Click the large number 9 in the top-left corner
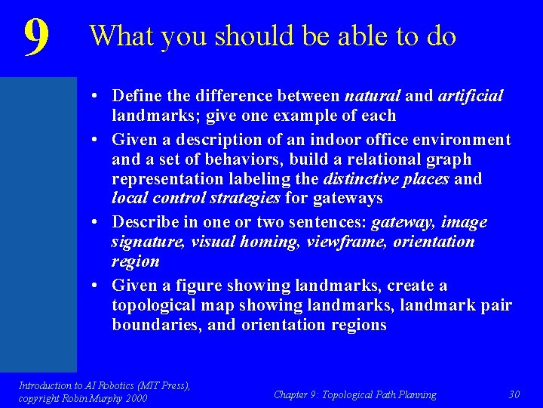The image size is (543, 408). coord(36,37)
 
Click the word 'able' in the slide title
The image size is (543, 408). coord(345,36)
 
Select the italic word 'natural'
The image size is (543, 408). coord(372,96)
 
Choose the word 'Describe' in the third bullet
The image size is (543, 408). coord(143,222)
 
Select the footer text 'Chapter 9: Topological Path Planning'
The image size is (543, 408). coord(354,394)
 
